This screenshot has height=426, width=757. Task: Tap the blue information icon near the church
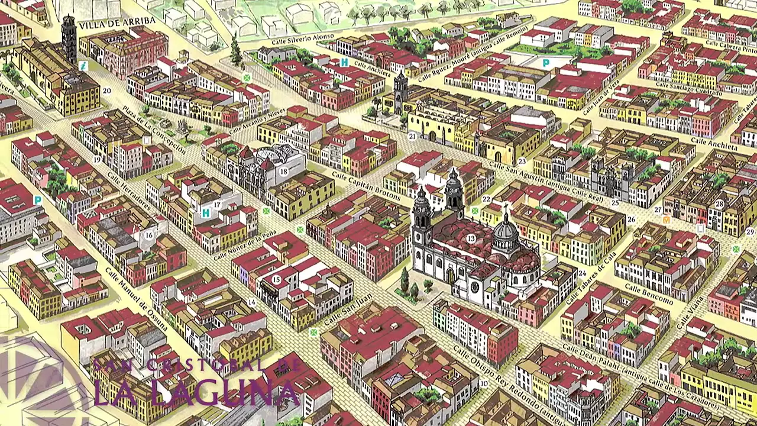point(83,66)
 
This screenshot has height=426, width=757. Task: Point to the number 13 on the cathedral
point(471,238)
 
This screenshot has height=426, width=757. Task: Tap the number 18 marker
point(284,172)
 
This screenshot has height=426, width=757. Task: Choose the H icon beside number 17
point(206,212)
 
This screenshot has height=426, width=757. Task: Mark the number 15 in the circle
point(276,279)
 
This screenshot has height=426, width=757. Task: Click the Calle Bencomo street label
point(649,294)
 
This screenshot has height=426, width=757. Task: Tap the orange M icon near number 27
point(667,220)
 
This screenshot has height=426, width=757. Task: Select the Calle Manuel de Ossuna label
point(136,299)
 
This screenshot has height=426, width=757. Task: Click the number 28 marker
point(719,204)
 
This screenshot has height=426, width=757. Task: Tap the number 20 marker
point(106,91)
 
